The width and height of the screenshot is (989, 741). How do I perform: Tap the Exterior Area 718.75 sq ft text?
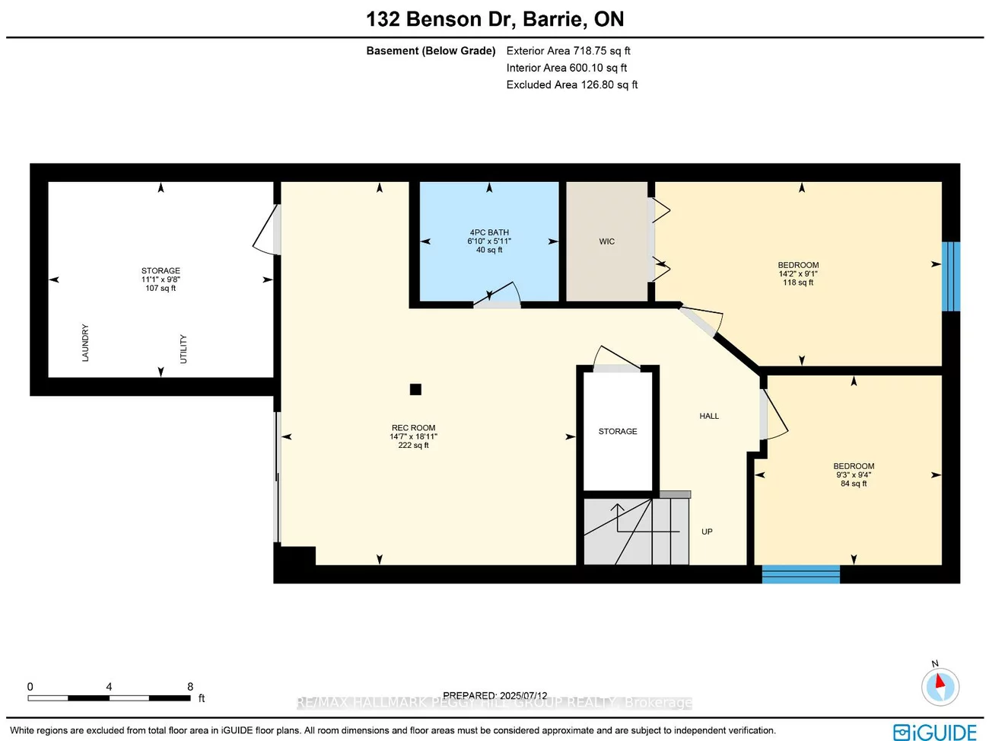[x=568, y=51]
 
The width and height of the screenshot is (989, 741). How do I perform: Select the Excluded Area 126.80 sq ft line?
[x=572, y=85]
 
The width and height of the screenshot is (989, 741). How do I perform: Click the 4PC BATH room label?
[x=489, y=232]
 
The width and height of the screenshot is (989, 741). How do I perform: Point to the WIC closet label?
[x=606, y=241]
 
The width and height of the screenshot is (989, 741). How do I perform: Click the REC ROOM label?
[x=413, y=428]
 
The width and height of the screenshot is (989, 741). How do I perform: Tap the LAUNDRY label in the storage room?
[x=85, y=343]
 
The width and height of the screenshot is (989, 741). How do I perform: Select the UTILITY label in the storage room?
[x=183, y=349]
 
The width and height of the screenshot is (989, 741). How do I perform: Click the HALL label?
[x=709, y=416]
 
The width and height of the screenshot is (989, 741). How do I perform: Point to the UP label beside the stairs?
[x=707, y=532]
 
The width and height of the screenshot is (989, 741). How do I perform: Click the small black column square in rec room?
[x=415, y=389]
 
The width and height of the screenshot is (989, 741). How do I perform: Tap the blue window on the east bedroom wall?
[x=951, y=276]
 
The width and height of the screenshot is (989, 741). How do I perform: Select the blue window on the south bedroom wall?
[x=801, y=574]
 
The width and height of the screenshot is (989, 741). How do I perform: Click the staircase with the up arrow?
[x=635, y=531]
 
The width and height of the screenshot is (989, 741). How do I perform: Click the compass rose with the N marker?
[x=940, y=687]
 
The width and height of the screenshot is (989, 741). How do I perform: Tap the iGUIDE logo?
[x=934, y=732]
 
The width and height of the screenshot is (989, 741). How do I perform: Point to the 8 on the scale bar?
[x=190, y=686]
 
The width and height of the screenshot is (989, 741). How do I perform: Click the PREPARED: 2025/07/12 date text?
[x=494, y=695]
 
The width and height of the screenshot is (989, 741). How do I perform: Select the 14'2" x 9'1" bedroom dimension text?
[x=798, y=273]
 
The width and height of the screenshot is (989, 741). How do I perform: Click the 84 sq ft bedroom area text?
[x=854, y=484]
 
